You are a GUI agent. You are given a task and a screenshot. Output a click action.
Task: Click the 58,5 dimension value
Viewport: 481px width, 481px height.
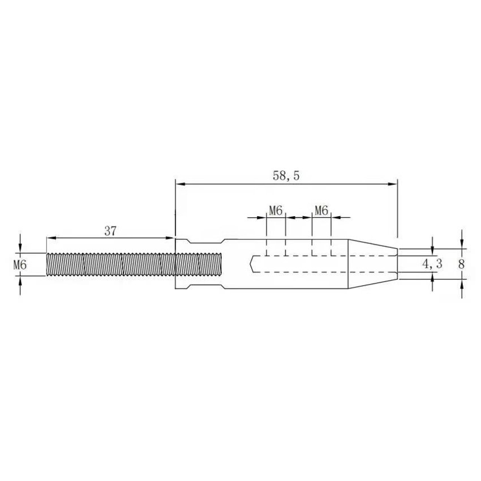286,176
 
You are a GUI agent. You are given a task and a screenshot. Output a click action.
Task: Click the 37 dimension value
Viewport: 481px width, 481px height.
111,231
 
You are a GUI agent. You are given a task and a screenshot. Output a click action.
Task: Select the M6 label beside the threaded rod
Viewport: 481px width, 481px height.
20,264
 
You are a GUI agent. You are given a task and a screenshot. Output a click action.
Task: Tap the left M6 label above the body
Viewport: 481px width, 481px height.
276,211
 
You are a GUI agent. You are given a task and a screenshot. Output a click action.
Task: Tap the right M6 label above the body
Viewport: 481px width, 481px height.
321,211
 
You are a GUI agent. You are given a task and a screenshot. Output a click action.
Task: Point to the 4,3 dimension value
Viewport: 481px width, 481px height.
432,264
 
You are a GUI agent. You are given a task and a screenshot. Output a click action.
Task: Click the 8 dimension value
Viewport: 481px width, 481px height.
462,264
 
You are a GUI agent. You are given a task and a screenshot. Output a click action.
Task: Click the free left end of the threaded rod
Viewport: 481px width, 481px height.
46,264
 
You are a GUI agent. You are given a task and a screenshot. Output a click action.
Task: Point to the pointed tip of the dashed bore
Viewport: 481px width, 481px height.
249,264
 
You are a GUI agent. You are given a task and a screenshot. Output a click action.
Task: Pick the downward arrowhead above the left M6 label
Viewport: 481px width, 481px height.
20,249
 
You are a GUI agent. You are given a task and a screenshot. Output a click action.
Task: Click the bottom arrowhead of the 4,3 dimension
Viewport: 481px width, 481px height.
432,276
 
